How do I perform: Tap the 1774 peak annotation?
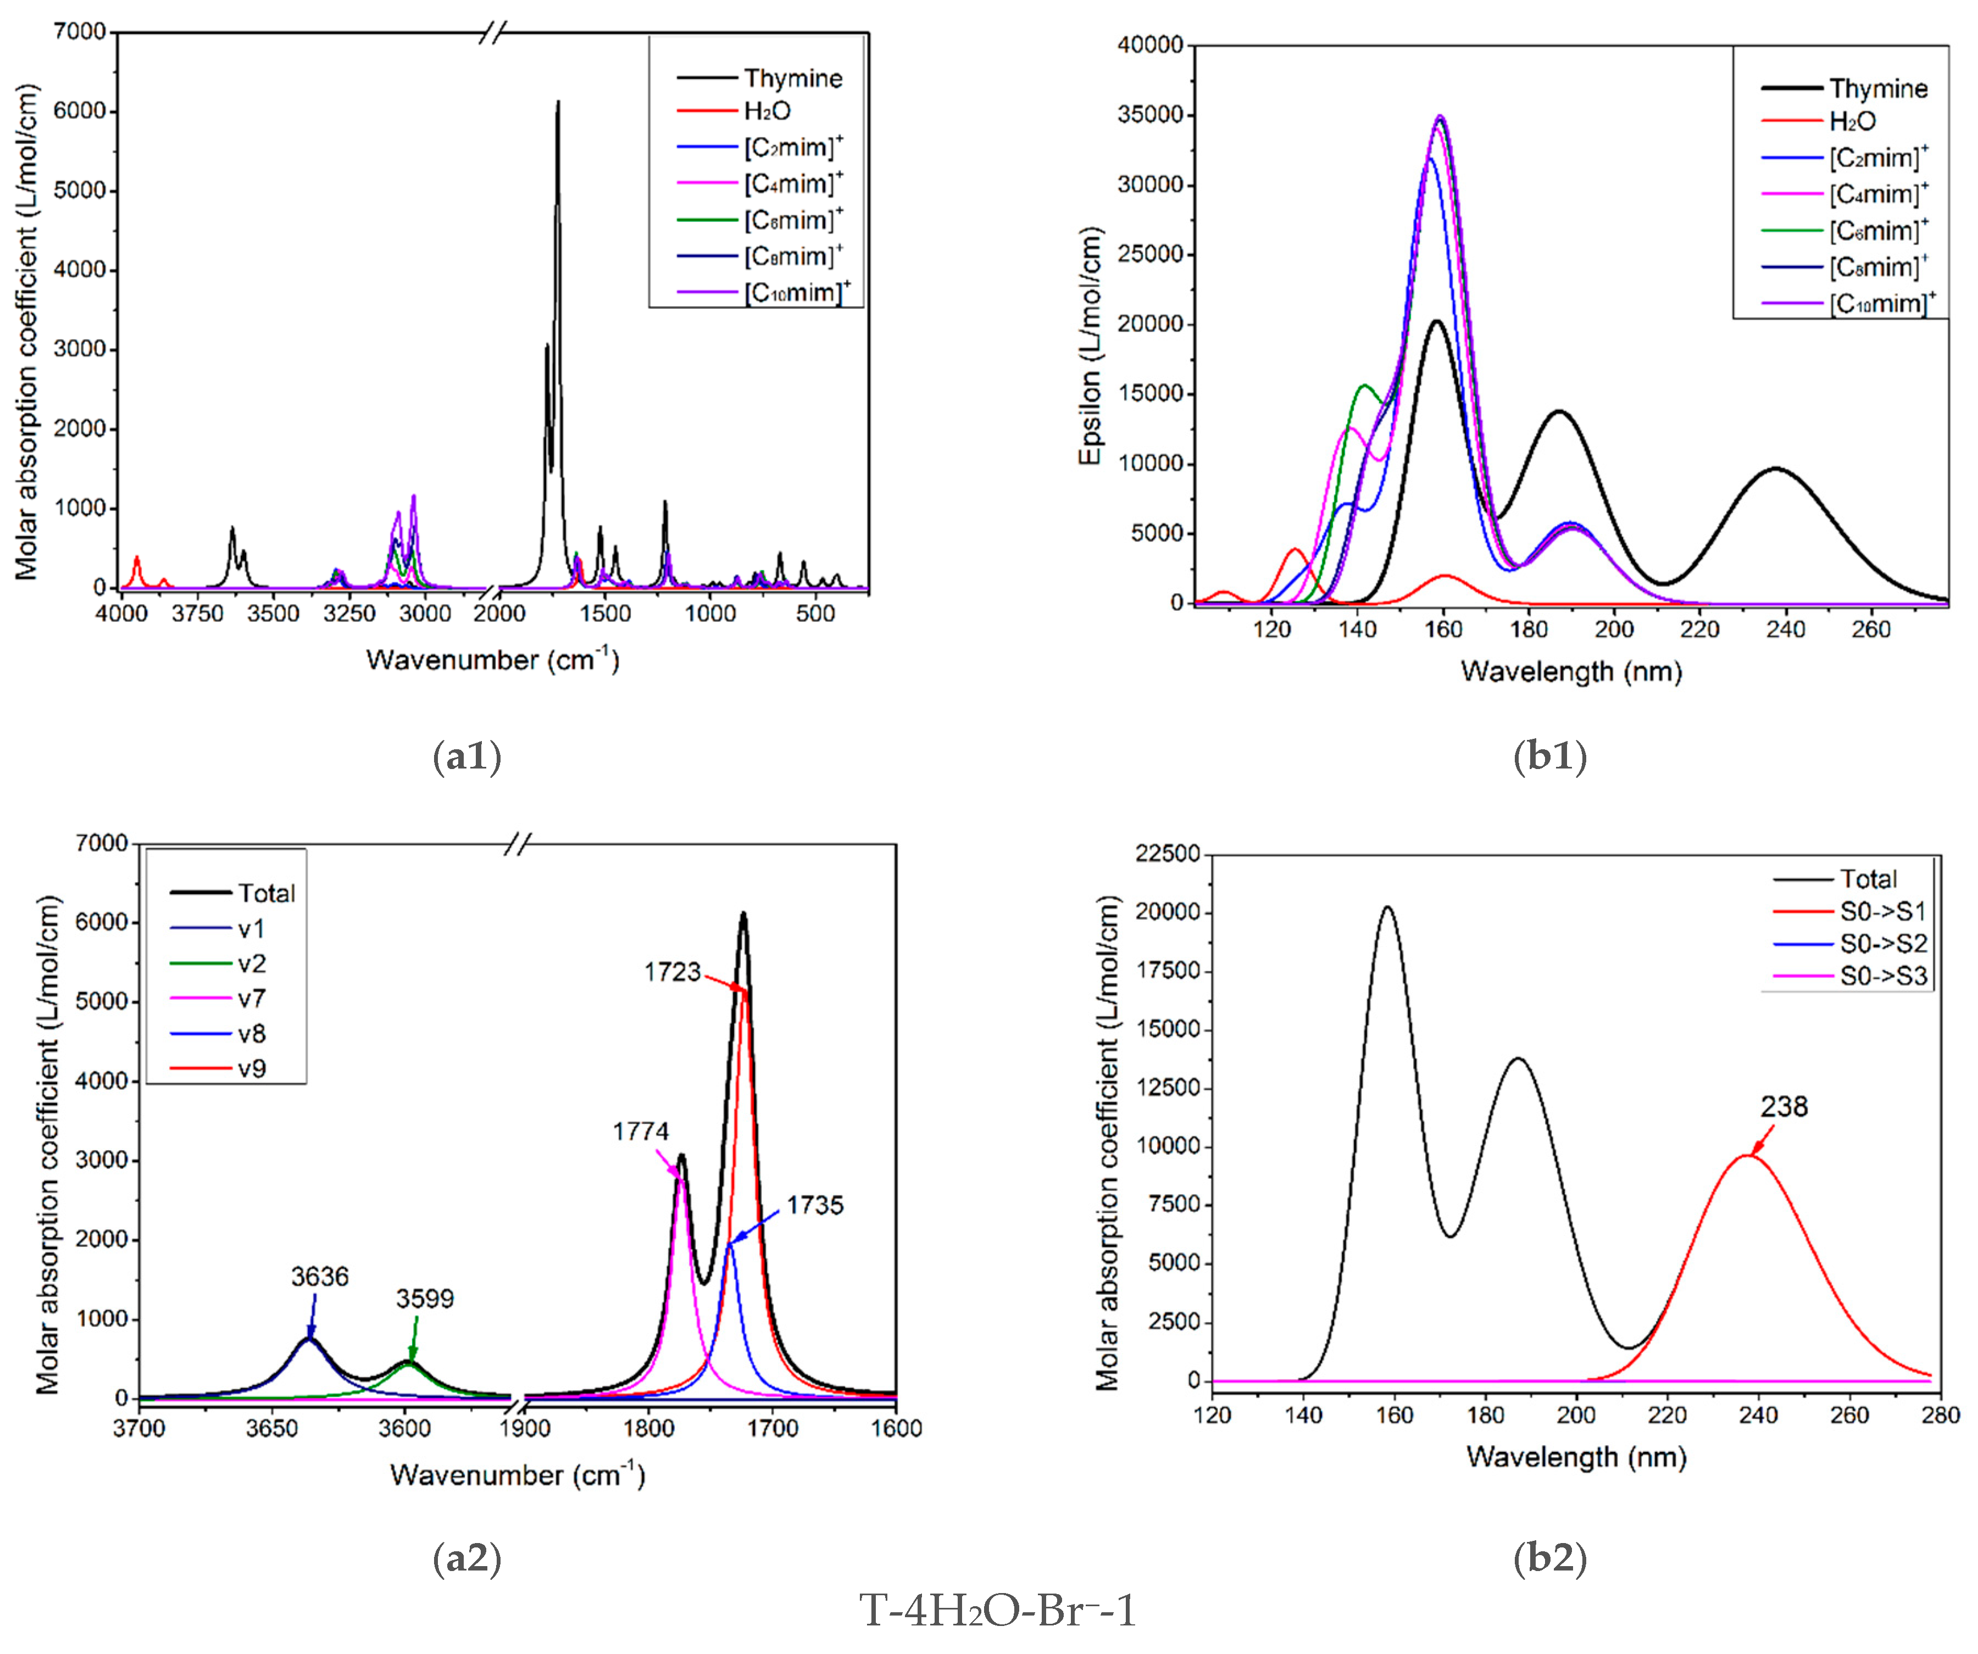[x=641, y=1131]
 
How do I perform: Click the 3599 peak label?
[x=425, y=1299]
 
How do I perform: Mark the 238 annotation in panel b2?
[x=1784, y=1107]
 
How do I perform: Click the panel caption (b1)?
[x=1549, y=756]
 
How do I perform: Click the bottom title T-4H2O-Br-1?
[x=997, y=1612]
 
